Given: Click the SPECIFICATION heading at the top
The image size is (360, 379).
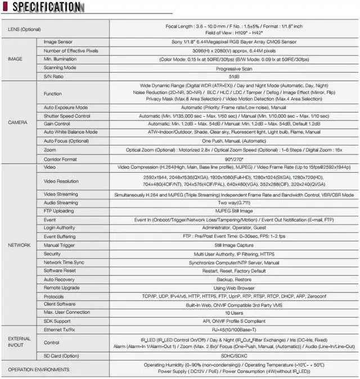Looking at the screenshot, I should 46,7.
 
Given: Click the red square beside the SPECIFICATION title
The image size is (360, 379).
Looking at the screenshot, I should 5,7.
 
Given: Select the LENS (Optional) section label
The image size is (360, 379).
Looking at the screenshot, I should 25,29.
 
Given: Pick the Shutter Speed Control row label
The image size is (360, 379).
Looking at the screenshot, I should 67,115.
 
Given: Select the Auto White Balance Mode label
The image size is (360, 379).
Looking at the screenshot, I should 70,132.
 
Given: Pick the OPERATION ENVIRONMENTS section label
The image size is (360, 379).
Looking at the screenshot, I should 34,369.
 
